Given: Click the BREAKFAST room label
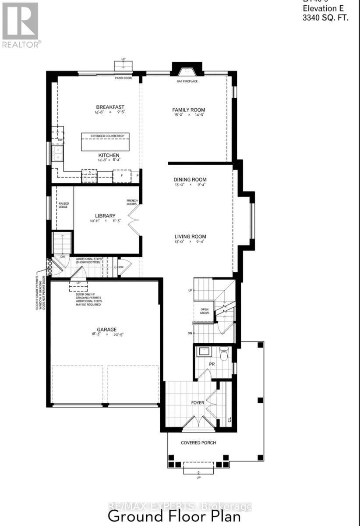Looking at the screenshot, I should click(110, 107).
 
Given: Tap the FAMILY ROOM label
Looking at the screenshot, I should click(188, 110).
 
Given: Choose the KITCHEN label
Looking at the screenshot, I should click(109, 156).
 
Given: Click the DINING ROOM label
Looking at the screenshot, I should click(190, 179).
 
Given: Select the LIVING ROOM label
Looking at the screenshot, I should click(190, 237).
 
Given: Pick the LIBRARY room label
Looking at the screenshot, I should click(105, 216).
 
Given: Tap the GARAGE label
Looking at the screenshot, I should click(107, 329).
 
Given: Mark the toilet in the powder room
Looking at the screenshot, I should click(224, 353).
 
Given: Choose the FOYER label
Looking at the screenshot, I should click(198, 402).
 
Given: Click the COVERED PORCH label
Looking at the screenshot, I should click(198, 443).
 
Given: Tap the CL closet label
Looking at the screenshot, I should click(229, 420).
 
